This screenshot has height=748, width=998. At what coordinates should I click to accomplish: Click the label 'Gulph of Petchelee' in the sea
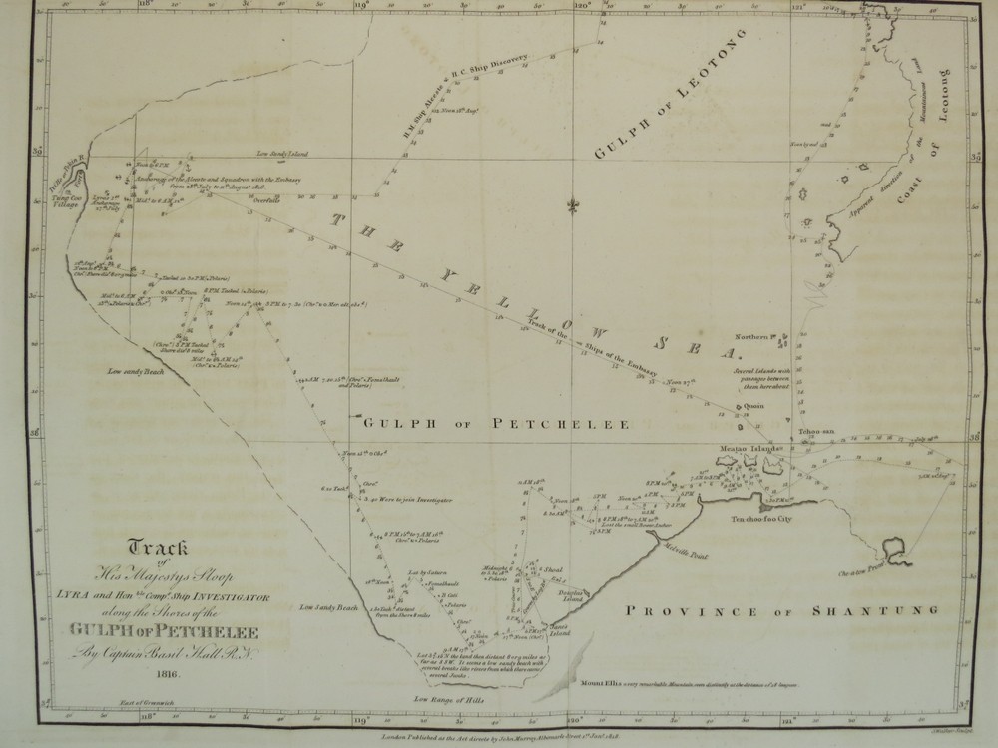click(x=494, y=424)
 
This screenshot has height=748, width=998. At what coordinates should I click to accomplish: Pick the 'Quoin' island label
click(x=753, y=406)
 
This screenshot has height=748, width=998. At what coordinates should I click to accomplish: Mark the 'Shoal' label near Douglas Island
click(x=551, y=568)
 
